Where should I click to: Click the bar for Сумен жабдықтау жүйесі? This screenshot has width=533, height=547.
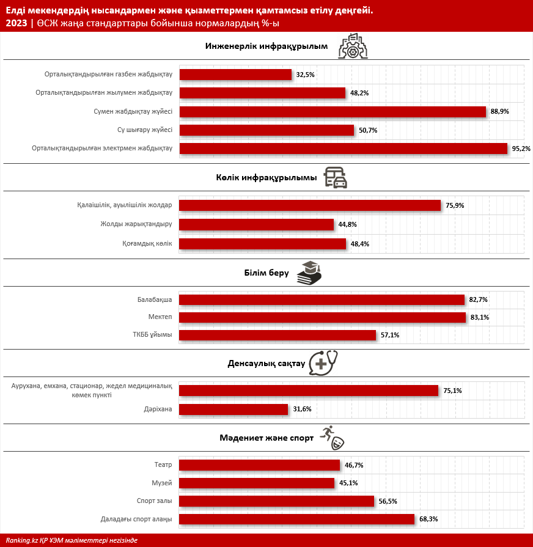coord(333,112)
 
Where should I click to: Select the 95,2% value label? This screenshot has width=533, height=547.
coord(521,149)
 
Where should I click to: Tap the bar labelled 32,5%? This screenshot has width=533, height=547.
coord(235,75)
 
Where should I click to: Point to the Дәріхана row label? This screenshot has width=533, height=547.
coord(158,409)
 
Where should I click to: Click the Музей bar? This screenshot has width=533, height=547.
coord(257,483)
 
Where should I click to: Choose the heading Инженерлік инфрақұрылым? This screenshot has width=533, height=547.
coord(266,46)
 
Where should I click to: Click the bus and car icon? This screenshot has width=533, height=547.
coord(335,178)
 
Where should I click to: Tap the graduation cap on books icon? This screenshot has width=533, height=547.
coord(309,273)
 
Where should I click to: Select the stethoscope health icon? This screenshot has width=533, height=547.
coord(323,363)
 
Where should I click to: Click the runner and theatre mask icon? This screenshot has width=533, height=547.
coord(332,438)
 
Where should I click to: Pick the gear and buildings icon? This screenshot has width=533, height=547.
coord(353,46)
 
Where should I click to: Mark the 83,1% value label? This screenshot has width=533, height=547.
coord(480,317)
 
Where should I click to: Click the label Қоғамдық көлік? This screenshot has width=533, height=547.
coord(147,243)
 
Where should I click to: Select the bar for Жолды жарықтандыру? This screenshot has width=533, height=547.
coord(256,225)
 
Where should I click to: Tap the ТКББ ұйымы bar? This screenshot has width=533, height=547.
coord(278,336)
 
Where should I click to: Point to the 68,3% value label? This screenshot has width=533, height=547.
coord(428,519)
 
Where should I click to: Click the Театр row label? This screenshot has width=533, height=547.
coord(163,464)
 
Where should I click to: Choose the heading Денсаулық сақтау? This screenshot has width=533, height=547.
coord(266,364)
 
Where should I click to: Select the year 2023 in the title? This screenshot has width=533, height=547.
coord(17,23)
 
